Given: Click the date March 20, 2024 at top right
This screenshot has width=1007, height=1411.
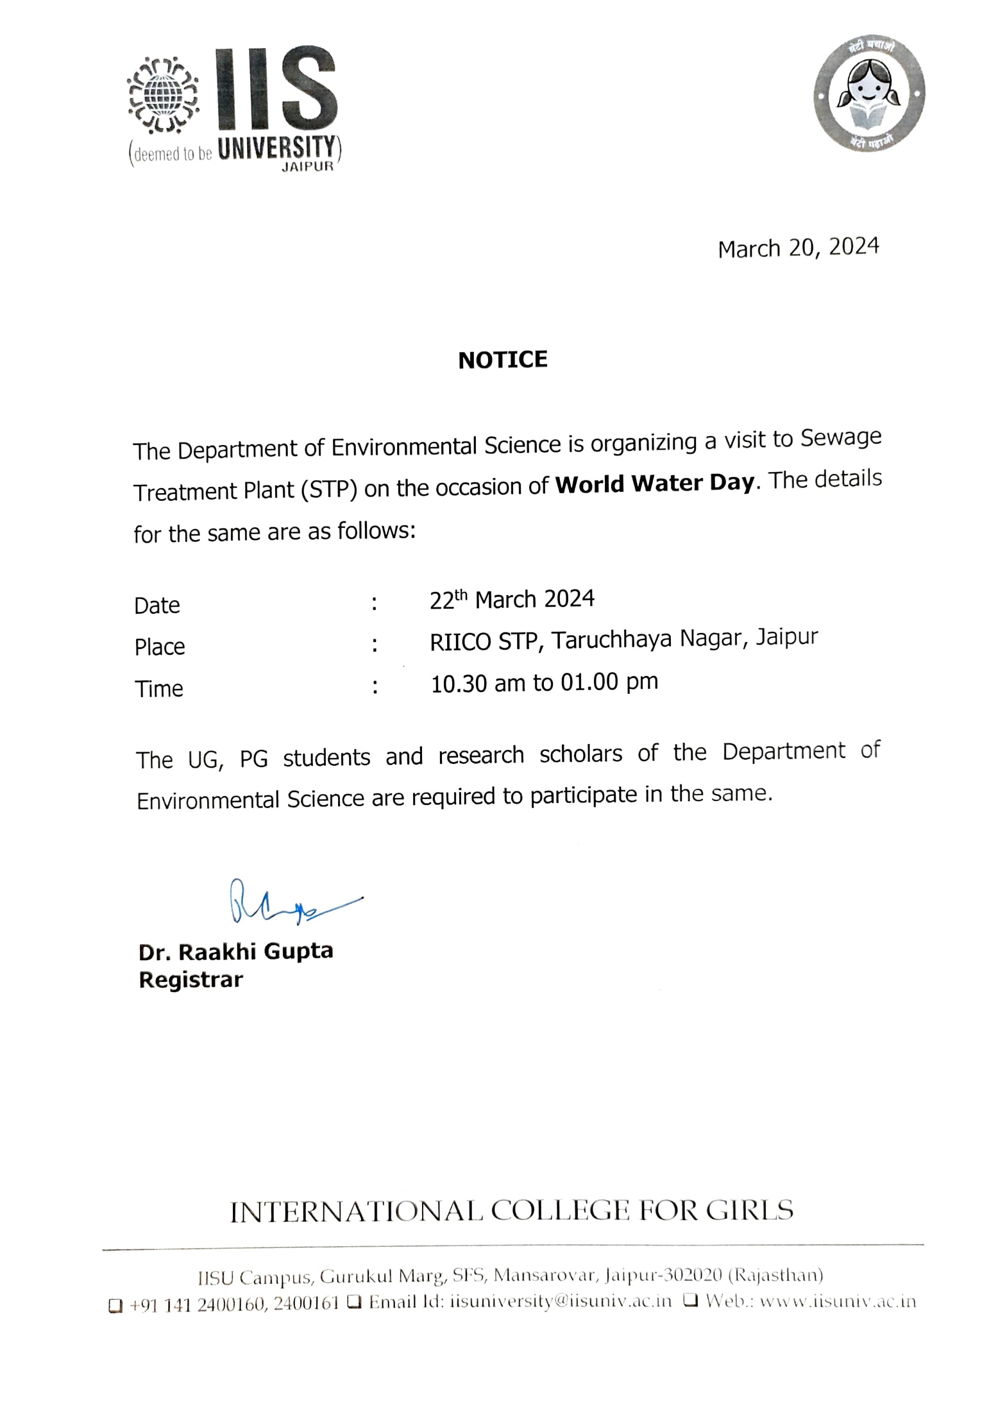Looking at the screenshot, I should (x=798, y=248).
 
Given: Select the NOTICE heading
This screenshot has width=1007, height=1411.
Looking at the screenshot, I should (x=503, y=360).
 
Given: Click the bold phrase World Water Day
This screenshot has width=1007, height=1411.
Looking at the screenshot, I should (x=654, y=482).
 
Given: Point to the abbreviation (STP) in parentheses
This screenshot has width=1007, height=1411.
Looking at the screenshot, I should (x=328, y=490).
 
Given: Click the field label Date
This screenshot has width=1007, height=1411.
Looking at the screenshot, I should (x=157, y=605).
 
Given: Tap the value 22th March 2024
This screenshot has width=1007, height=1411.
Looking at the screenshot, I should (x=512, y=600).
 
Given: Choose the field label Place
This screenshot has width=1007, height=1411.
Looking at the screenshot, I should (x=160, y=647).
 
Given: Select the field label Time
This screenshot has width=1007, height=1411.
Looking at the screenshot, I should (x=159, y=689).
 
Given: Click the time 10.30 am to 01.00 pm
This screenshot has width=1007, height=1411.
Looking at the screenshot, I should (x=544, y=683).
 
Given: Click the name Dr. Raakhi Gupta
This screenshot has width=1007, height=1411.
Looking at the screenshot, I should (x=235, y=951).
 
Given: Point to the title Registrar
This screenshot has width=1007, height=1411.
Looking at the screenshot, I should (x=190, y=980).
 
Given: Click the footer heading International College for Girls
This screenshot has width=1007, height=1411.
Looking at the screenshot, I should (x=511, y=1211).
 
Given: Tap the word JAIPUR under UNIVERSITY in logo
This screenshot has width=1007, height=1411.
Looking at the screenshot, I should (x=308, y=167).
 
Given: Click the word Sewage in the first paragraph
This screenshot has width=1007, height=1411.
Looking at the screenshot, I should (x=841, y=438).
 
